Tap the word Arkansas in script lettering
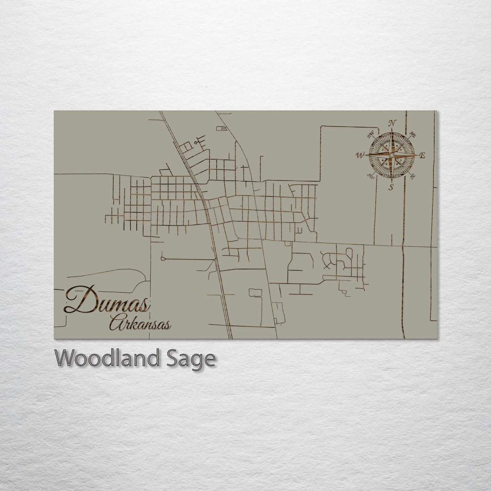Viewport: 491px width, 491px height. pos(140,324)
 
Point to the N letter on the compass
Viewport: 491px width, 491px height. pos(391,123)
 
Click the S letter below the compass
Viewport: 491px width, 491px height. pos(391,187)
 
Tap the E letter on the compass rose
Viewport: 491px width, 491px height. pos(422,155)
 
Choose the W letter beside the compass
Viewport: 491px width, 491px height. pos(360,155)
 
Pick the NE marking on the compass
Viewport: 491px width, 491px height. pos(412,135)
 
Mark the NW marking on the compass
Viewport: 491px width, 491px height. pos(371,134)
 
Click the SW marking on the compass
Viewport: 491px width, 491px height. pos(371,177)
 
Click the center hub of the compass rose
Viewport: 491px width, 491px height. pos(391,155)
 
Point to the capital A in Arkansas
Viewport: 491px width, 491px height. pos(116,323)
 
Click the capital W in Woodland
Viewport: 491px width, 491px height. pos(65,358)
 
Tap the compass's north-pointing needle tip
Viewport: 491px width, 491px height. pos(391,129)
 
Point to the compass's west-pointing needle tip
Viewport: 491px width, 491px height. pos(366,155)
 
